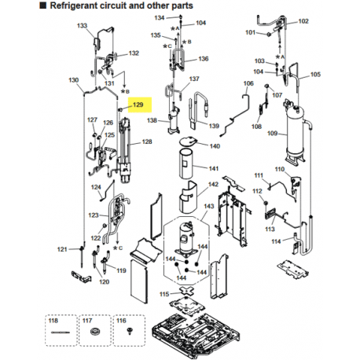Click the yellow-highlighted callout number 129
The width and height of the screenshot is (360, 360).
click(x=138, y=105)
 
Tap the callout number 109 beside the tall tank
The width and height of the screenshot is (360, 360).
click(x=272, y=134)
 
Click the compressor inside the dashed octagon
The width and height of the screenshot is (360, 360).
click(x=186, y=238)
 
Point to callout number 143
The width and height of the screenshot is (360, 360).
click(x=209, y=206)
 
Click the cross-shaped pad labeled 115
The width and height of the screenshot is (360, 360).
click(x=186, y=290)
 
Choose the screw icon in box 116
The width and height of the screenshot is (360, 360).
click(x=129, y=331)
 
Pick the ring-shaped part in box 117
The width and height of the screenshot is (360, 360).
click(x=95, y=332)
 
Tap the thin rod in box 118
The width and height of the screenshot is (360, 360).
click(x=61, y=332)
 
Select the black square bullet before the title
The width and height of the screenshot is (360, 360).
click(x=42, y=6)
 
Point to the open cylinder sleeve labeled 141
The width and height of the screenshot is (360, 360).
click(x=186, y=163)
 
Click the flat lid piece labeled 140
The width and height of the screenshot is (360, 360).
click(x=188, y=141)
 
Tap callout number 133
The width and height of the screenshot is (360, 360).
click(x=82, y=26)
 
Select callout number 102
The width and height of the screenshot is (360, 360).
click(x=303, y=21)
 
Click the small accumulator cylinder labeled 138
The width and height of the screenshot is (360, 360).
click(x=174, y=121)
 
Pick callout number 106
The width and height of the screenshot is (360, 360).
click(x=248, y=83)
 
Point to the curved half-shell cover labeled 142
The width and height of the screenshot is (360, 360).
click(x=188, y=197)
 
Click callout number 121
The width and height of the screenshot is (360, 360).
click(x=62, y=249)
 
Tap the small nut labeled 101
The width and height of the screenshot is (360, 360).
click(x=268, y=34)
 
